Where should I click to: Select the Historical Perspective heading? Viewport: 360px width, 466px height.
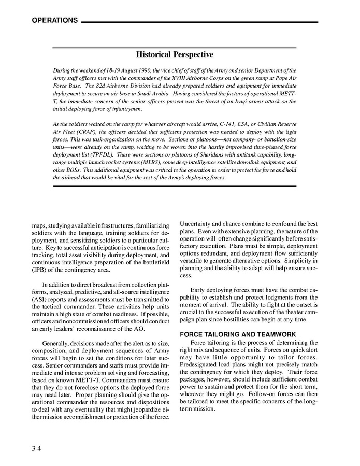point(174,54)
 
